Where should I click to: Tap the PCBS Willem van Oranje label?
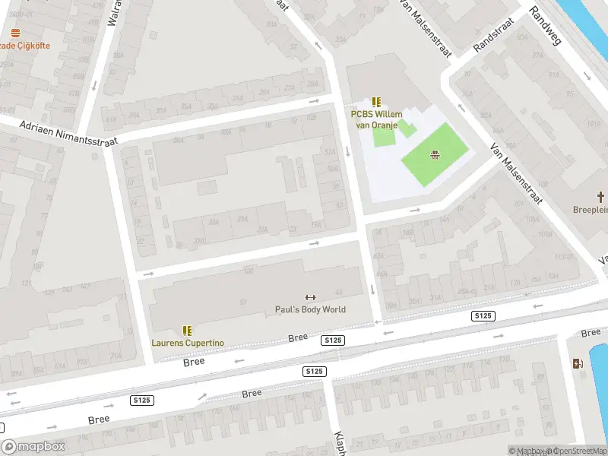click(375, 119)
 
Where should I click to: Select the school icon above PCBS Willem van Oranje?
click(375, 102)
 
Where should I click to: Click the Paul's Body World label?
click(310, 309)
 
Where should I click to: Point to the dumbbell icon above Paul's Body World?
click(310, 297)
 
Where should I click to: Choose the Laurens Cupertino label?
click(188, 343)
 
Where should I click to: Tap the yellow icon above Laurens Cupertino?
click(187, 331)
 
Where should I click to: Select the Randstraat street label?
click(493, 35)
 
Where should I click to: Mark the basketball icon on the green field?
click(435, 157)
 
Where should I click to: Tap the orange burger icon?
click(15, 33)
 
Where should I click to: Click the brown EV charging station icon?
click(578, 363)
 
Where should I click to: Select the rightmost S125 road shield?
click(483, 315)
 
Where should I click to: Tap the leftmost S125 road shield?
click(141, 401)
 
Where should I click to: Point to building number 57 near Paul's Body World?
click(244, 302)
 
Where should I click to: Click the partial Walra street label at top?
click(115, 13)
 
